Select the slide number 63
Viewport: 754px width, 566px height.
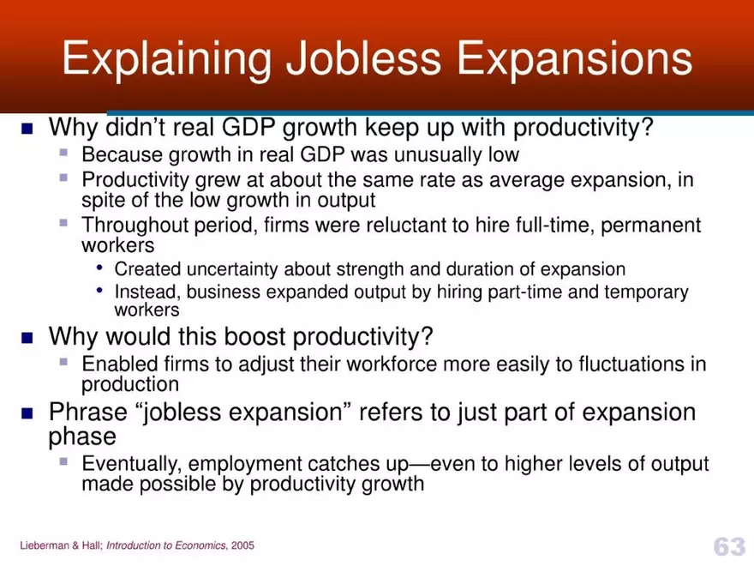click(729, 545)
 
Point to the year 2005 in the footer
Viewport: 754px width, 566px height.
click(242, 545)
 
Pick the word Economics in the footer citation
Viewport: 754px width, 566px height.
click(201, 545)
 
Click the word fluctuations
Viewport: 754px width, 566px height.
click(619, 364)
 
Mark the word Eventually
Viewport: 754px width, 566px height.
click(131, 464)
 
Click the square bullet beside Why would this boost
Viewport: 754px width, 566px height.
click(27, 337)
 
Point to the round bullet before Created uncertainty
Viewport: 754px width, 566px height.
click(101, 268)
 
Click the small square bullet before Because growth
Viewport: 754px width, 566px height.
click(63, 154)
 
